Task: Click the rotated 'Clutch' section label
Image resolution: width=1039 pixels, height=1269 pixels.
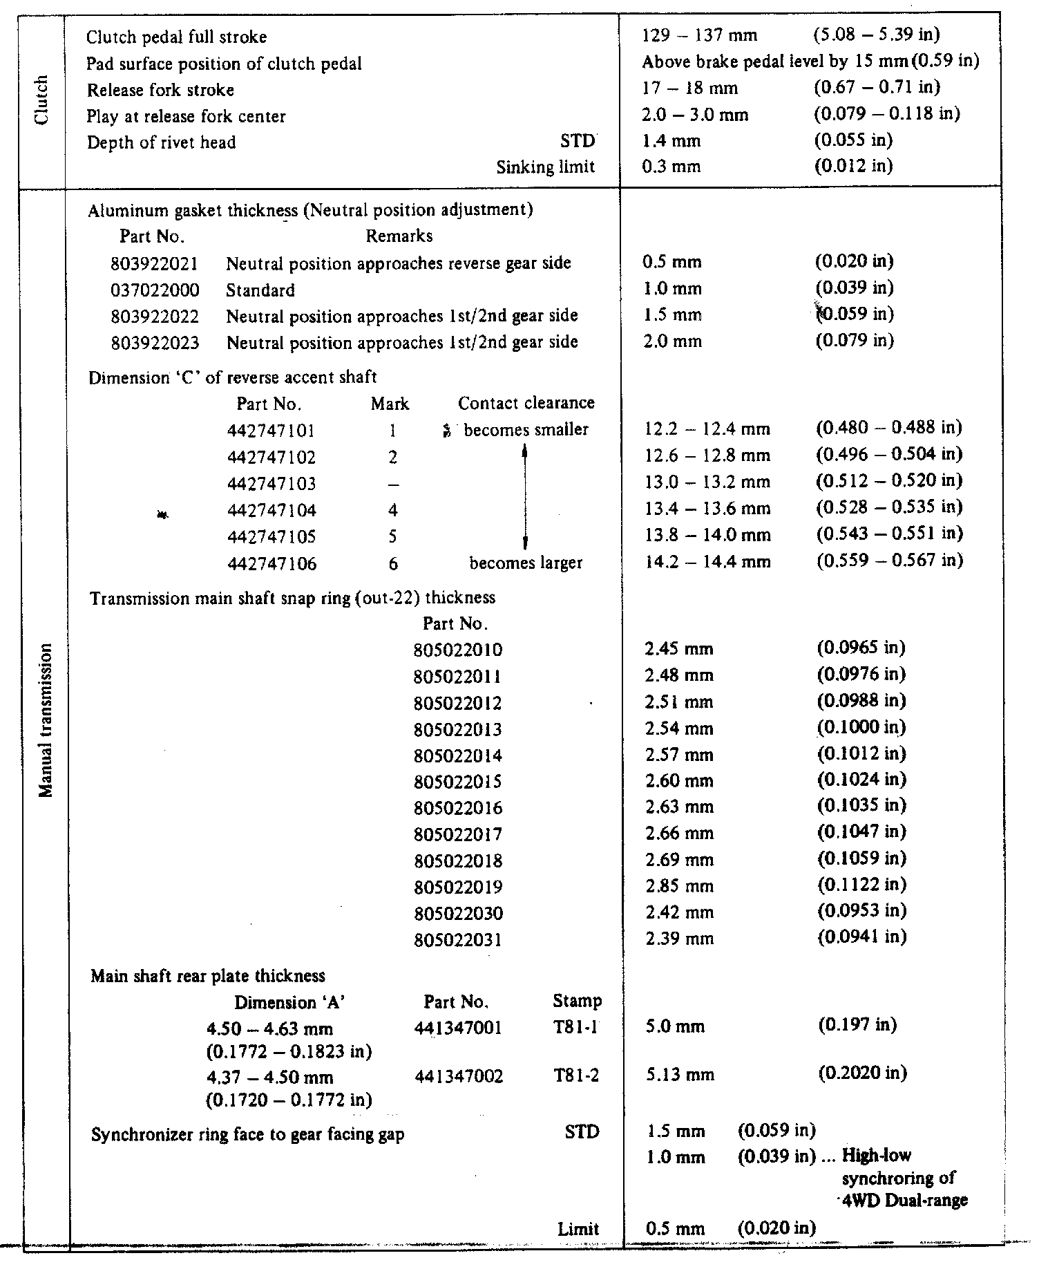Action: [x=43, y=100]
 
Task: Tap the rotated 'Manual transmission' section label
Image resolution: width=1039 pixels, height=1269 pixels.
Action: [x=46, y=720]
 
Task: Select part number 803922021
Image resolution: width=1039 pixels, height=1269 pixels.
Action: [x=155, y=263]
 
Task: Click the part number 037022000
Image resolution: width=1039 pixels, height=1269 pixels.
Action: [x=155, y=290]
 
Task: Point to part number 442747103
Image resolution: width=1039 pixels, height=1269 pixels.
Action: [x=271, y=484]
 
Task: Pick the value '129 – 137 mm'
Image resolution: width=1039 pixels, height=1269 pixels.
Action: [x=699, y=36]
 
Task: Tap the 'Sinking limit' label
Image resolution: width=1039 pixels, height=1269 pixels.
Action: [x=546, y=168]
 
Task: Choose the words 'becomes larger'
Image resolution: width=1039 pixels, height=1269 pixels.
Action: [x=526, y=563]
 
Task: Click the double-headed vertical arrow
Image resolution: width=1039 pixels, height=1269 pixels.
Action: [x=525, y=497]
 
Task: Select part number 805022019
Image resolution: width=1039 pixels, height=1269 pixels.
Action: [x=458, y=887]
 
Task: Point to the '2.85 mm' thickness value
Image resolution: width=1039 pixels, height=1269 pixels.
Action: [x=678, y=886]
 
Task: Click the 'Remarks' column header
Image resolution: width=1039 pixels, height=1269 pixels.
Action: [x=399, y=236]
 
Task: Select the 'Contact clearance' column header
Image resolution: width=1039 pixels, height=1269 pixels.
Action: [x=526, y=404]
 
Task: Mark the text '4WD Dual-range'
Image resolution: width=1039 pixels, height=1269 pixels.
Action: [x=902, y=1201]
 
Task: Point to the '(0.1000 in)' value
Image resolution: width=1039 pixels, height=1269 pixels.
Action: [x=861, y=728]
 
